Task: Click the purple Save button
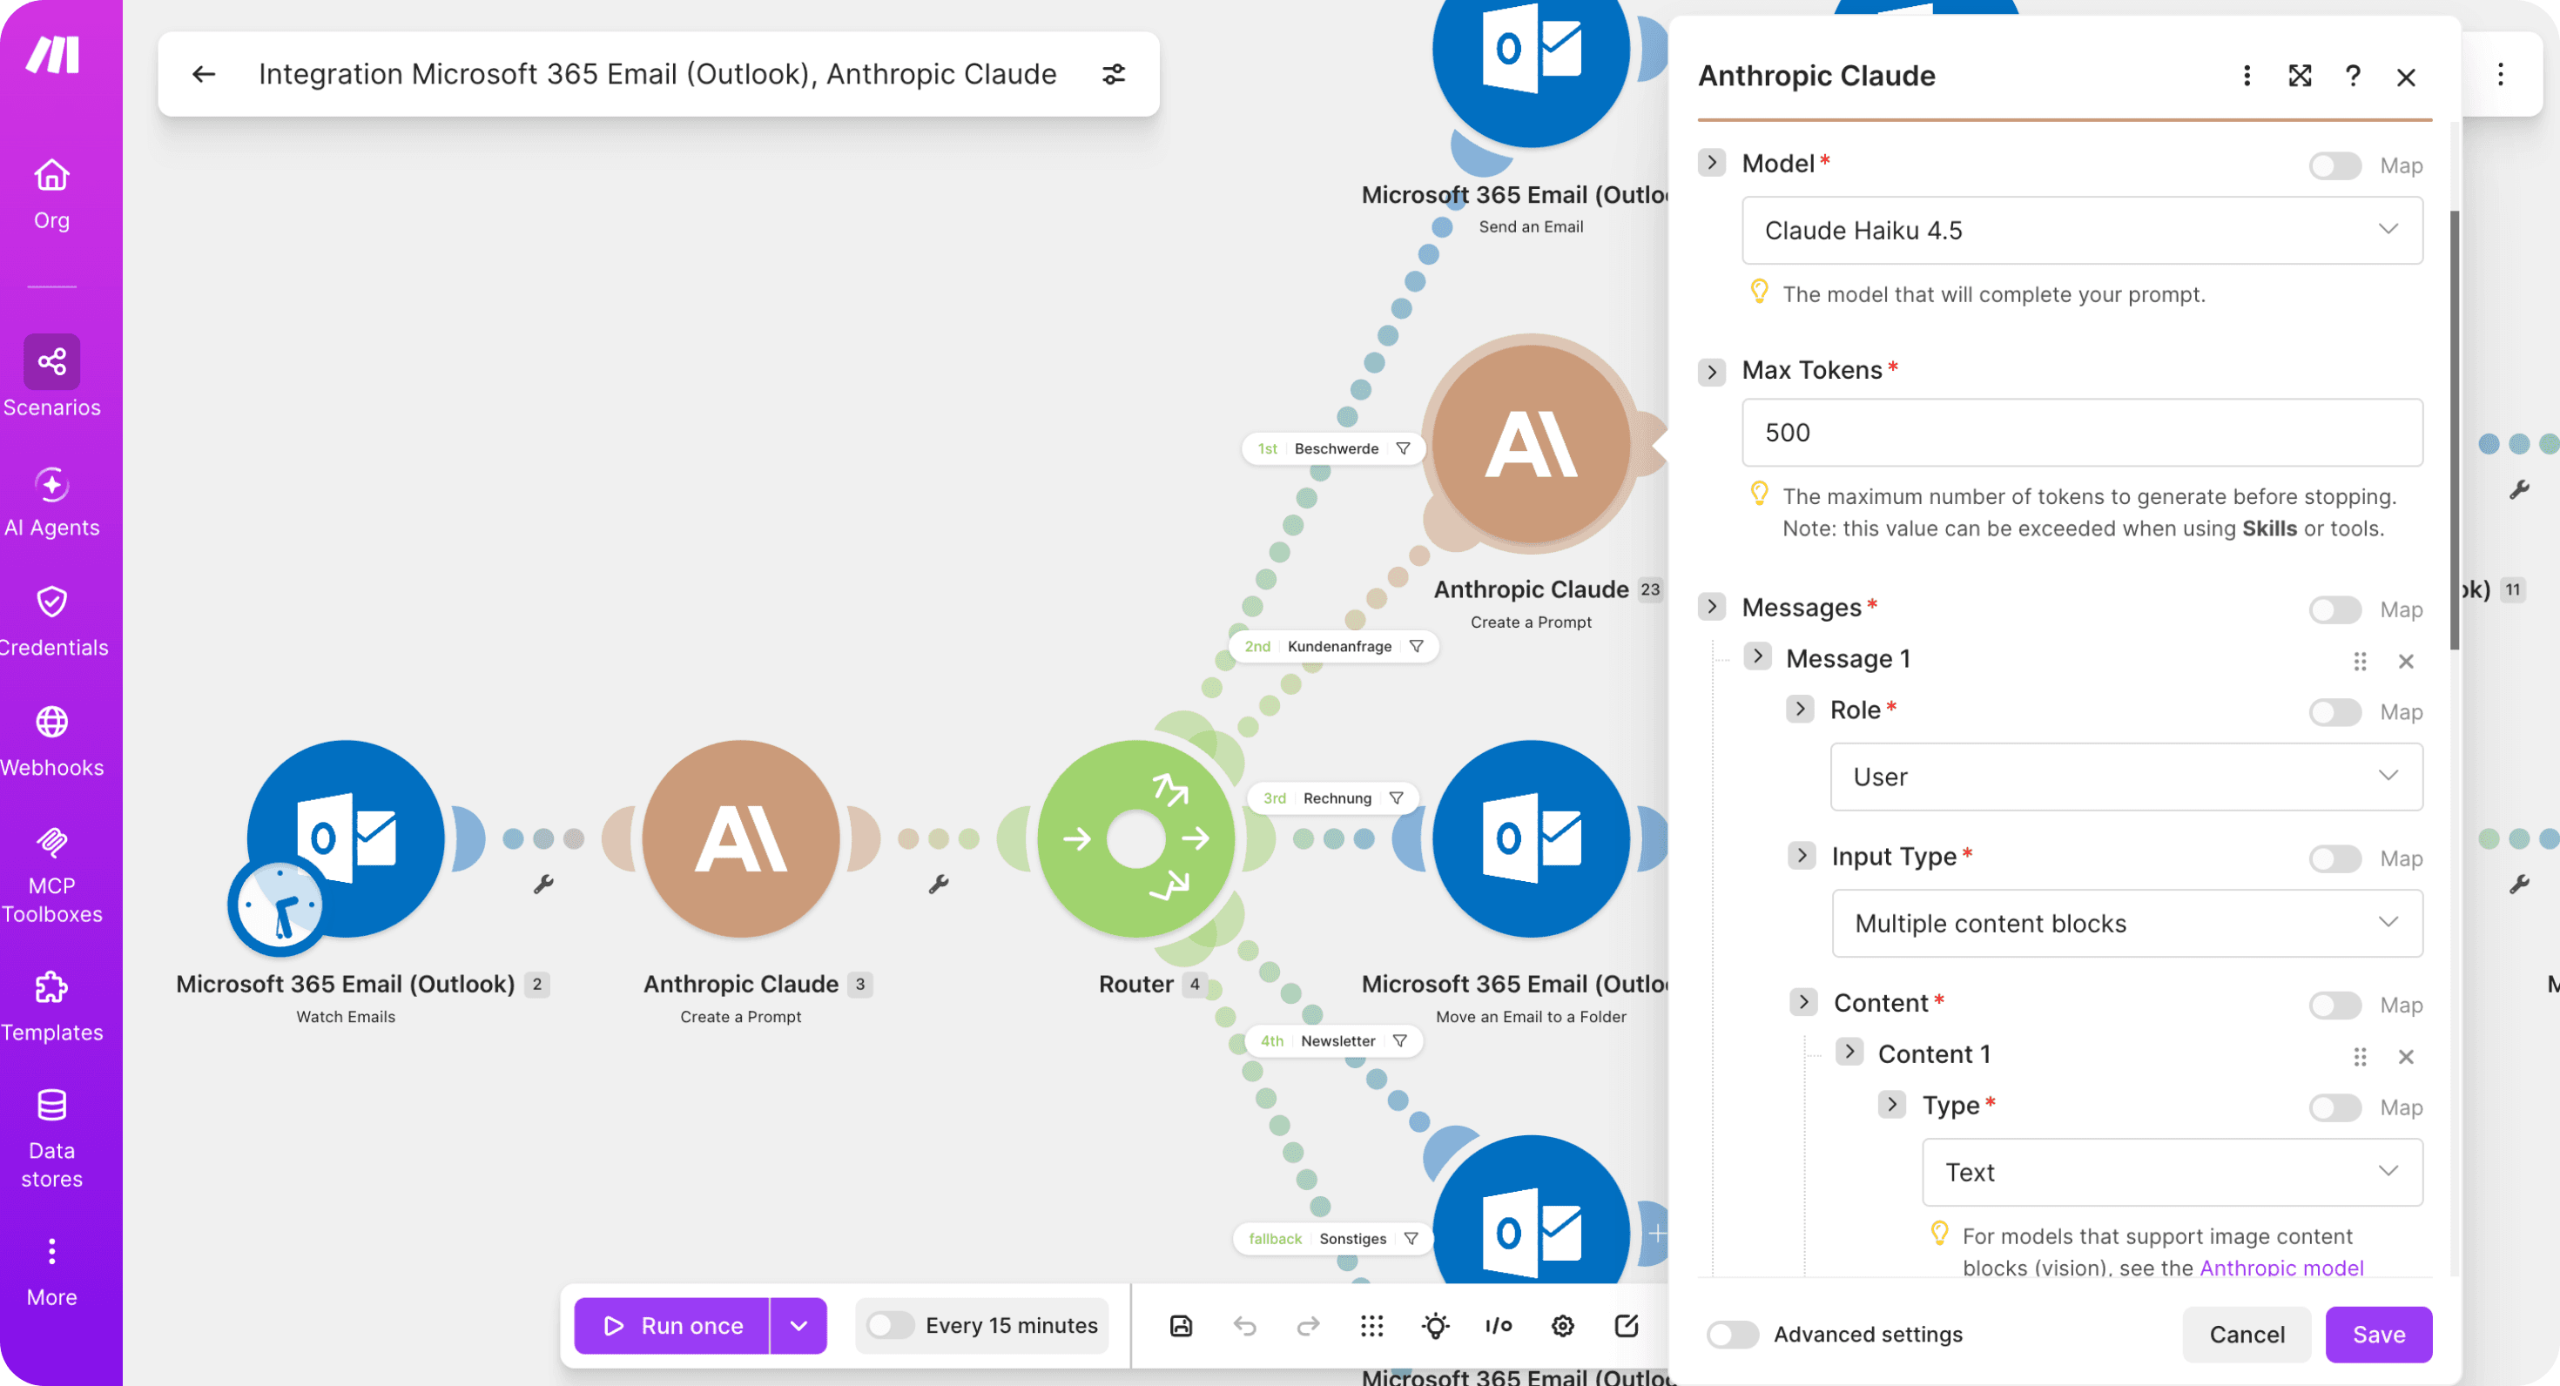pyautogui.click(x=2378, y=1335)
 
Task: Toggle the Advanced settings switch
pyautogui.click(x=1732, y=1335)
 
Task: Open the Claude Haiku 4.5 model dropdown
pyautogui.click(x=2082, y=231)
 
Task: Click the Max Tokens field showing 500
pyautogui.click(x=2082, y=432)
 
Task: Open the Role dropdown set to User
pyautogui.click(x=2125, y=776)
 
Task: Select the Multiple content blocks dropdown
pyautogui.click(x=2126, y=923)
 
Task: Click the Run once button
pyautogui.click(x=673, y=1325)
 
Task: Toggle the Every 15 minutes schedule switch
pyautogui.click(x=889, y=1325)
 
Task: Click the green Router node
pyautogui.click(x=1136, y=838)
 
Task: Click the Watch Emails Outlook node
pyautogui.click(x=346, y=838)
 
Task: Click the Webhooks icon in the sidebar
pyautogui.click(x=51, y=723)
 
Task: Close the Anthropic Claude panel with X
pyautogui.click(x=2406, y=77)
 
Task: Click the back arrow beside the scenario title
pyautogui.click(x=204, y=73)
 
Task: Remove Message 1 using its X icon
pyautogui.click(x=2406, y=661)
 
